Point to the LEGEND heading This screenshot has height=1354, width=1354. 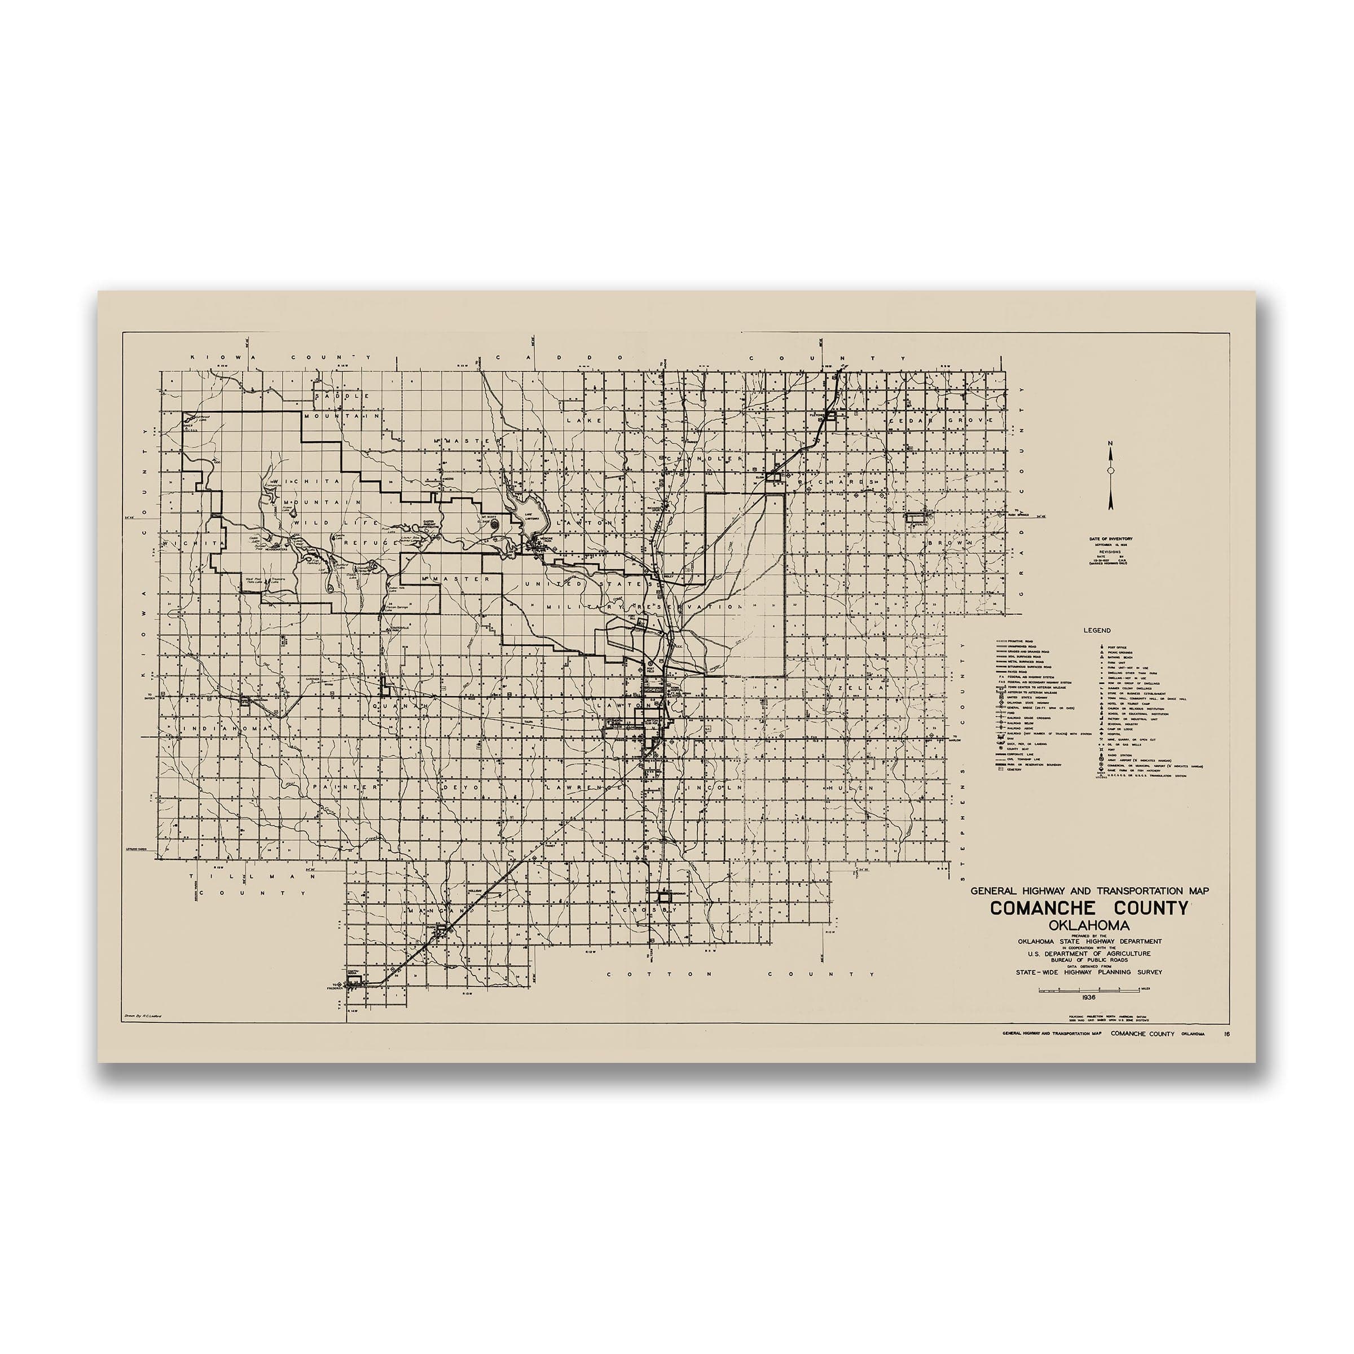tap(1097, 631)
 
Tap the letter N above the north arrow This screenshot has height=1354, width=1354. tap(1110, 443)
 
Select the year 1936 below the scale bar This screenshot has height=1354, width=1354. tap(1088, 996)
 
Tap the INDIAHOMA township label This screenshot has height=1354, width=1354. tap(226, 729)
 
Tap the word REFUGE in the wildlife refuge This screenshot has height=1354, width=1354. tap(341, 542)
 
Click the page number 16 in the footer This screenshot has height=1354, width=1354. tap(1226, 1035)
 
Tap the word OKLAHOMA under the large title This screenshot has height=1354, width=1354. tap(1088, 926)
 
